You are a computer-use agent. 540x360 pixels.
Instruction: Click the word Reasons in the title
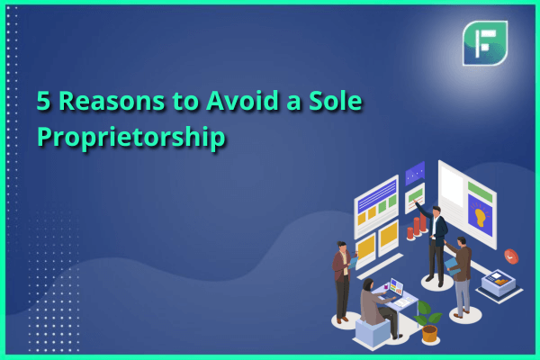click(x=112, y=101)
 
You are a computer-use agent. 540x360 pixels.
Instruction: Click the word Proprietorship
click(x=131, y=138)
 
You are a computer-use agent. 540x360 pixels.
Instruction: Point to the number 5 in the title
click(x=43, y=101)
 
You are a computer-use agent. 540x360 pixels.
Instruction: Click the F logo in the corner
click(x=485, y=43)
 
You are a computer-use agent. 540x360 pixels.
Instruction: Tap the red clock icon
click(x=511, y=256)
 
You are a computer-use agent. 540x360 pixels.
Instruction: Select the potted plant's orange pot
click(x=429, y=334)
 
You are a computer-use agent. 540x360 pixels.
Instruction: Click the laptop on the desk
click(x=393, y=289)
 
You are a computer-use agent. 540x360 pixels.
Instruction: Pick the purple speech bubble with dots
click(x=415, y=173)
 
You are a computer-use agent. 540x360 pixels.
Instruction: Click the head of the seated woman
click(x=368, y=285)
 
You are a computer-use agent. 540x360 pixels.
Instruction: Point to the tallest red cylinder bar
click(x=423, y=222)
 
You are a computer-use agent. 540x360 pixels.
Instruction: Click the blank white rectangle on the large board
click(x=452, y=187)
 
